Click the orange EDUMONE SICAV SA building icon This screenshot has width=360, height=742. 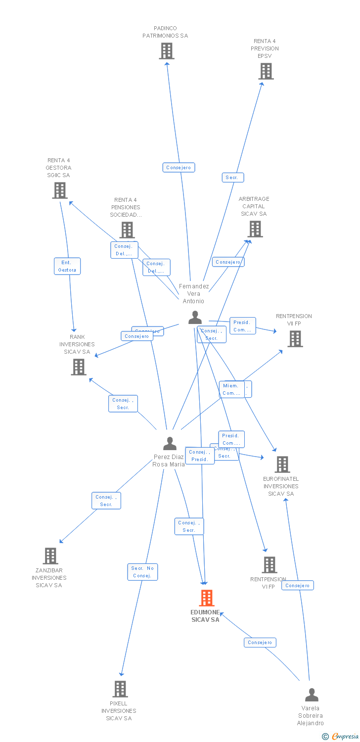point(207,598)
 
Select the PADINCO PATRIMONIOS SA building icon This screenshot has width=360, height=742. point(167,51)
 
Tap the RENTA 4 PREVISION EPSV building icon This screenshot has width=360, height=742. point(266,71)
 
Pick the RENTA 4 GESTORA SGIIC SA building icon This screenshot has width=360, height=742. point(60,190)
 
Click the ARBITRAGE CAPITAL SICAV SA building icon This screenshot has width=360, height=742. point(255,229)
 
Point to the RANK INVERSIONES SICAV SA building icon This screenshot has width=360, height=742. point(79,367)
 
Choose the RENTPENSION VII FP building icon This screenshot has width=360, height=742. point(295,339)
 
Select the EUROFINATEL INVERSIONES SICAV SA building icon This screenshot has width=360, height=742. point(282,464)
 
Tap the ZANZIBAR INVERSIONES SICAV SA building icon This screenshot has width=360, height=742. point(50,556)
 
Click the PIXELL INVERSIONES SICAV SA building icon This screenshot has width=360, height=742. point(120,689)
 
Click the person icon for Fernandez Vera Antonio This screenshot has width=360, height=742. point(195,318)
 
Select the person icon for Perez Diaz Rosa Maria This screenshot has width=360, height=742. point(170,443)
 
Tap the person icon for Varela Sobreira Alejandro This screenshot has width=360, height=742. point(312,695)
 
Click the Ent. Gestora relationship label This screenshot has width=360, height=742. point(67,266)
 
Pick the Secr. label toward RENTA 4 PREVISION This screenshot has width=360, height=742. point(232,177)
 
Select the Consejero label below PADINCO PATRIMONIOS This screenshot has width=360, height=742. point(179,168)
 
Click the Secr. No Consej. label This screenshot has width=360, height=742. point(142,572)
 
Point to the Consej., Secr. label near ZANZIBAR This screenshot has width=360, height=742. point(106,501)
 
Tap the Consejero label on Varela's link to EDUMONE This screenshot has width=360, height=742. point(260,643)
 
